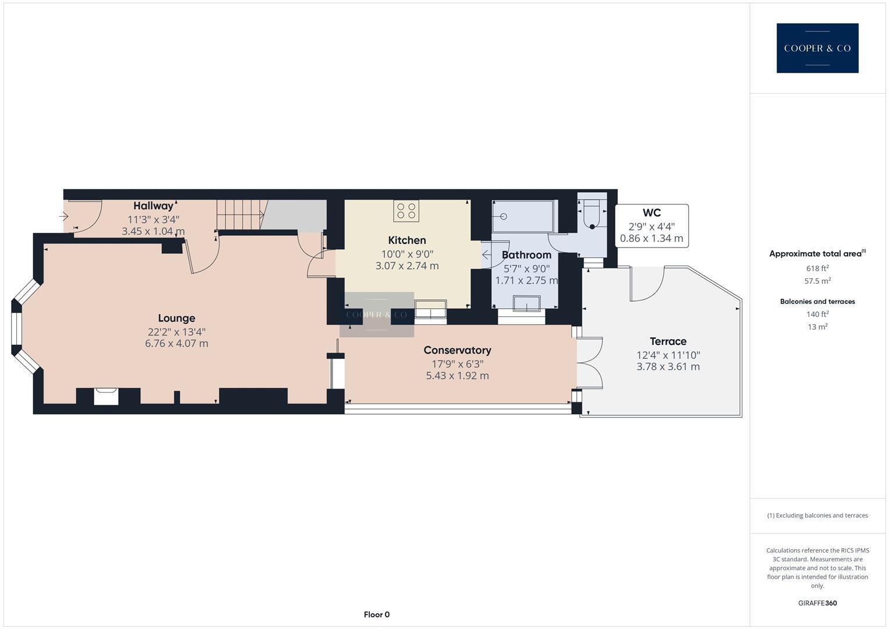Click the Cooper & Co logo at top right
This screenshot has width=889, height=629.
tap(817, 48)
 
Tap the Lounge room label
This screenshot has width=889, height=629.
tap(176, 318)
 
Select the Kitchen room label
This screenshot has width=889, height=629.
tap(407, 240)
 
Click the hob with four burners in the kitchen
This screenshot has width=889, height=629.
tap(406, 211)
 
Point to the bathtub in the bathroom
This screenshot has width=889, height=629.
tap(523, 217)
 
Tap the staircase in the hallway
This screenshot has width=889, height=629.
tap(237, 215)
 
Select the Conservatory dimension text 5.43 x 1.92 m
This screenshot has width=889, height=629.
tap(457, 376)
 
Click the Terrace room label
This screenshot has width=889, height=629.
tap(668, 341)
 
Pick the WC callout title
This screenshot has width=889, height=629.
tap(651, 213)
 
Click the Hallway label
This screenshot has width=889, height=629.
tap(153, 206)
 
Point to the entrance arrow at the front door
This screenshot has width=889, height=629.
tap(64, 217)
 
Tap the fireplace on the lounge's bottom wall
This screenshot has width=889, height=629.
tap(107, 396)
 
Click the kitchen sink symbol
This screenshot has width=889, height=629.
tap(430, 308)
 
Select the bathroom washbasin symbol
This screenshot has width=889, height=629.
tap(526, 303)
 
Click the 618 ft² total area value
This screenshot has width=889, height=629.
tap(817, 268)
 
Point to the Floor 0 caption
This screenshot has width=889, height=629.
tap(376, 614)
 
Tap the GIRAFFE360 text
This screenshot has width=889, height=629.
tap(817, 603)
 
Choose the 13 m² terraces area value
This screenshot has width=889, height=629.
tap(817, 327)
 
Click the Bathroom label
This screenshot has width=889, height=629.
tap(526, 255)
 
